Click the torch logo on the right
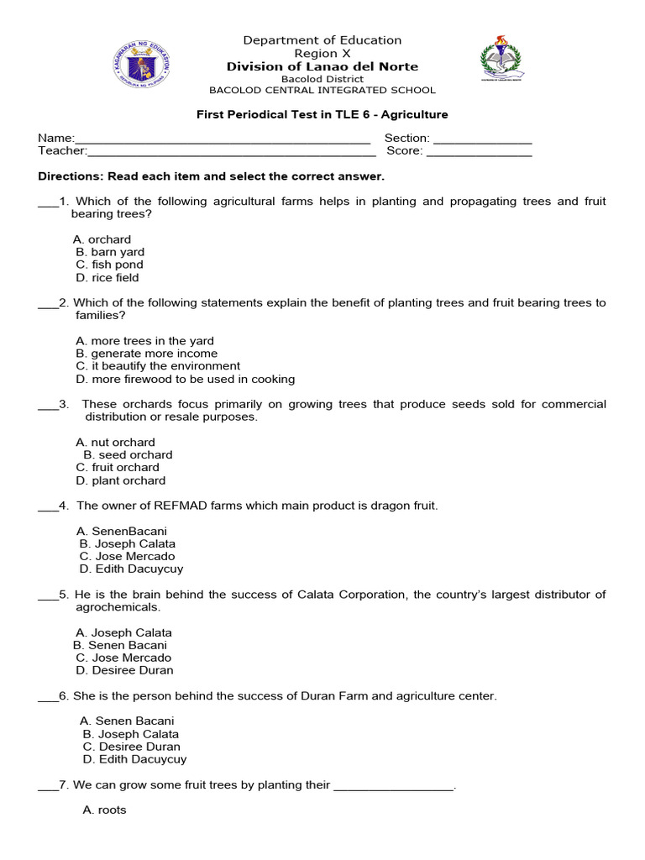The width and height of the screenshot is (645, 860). click(x=501, y=59)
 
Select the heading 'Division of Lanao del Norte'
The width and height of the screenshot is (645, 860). click(x=322, y=66)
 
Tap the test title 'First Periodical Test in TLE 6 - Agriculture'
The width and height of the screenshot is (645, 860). click(x=322, y=114)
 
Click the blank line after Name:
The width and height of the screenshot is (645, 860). click(x=223, y=139)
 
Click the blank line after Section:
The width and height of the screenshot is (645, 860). click(x=482, y=139)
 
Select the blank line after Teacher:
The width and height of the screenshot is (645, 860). click(x=231, y=151)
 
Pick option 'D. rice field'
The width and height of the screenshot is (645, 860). click(x=107, y=277)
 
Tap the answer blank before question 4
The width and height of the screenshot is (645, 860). click(x=48, y=506)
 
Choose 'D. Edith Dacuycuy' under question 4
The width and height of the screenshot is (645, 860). click(x=131, y=569)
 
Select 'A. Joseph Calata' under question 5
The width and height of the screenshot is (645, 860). click(x=123, y=632)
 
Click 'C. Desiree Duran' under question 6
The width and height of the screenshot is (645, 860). click(x=131, y=746)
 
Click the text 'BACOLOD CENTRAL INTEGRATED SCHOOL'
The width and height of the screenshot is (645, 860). click(x=322, y=90)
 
